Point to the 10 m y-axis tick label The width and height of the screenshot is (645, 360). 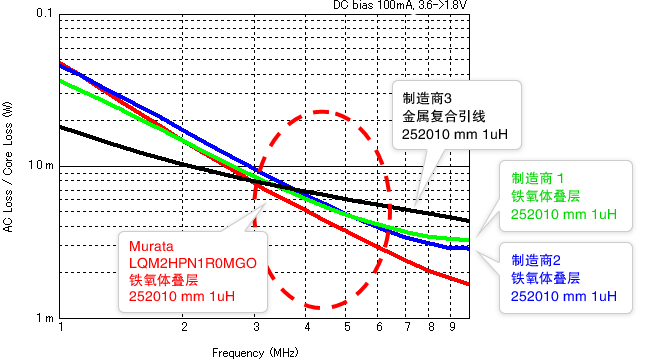pyautogui.click(x=43, y=165)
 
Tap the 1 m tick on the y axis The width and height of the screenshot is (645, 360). pyautogui.click(x=45, y=318)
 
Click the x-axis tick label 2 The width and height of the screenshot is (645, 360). pyautogui.click(x=184, y=327)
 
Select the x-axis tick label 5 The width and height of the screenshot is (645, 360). pyautogui.click(x=347, y=327)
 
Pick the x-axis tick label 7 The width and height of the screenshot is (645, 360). pyautogui.click(x=407, y=327)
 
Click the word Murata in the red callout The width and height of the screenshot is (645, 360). pyautogui.click(x=149, y=246)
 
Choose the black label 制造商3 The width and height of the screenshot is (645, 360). pyautogui.click(x=428, y=99)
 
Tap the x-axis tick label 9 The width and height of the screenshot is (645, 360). pyautogui.click(x=453, y=327)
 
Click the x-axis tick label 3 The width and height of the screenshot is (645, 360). pyautogui.click(x=256, y=327)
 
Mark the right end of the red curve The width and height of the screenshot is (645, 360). pyautogui.click(x=469, y=284)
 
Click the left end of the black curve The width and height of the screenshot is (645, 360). pyautogui.click(x=62, y=127)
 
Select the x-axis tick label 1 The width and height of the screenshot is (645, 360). pyautogui.click(x=62, y=327)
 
